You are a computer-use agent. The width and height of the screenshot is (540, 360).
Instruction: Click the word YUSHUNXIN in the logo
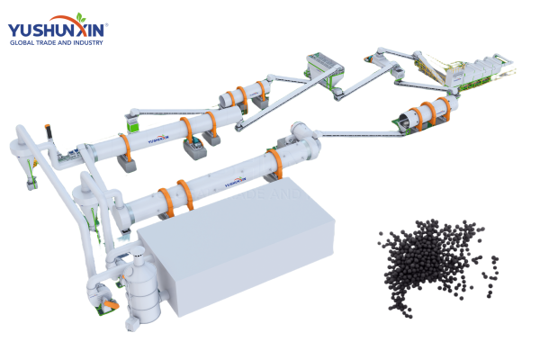click(57, 28)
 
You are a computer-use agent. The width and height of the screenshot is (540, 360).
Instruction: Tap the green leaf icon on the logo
click(83, 17)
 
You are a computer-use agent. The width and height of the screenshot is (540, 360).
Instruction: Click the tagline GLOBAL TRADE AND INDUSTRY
click(57, 42)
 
